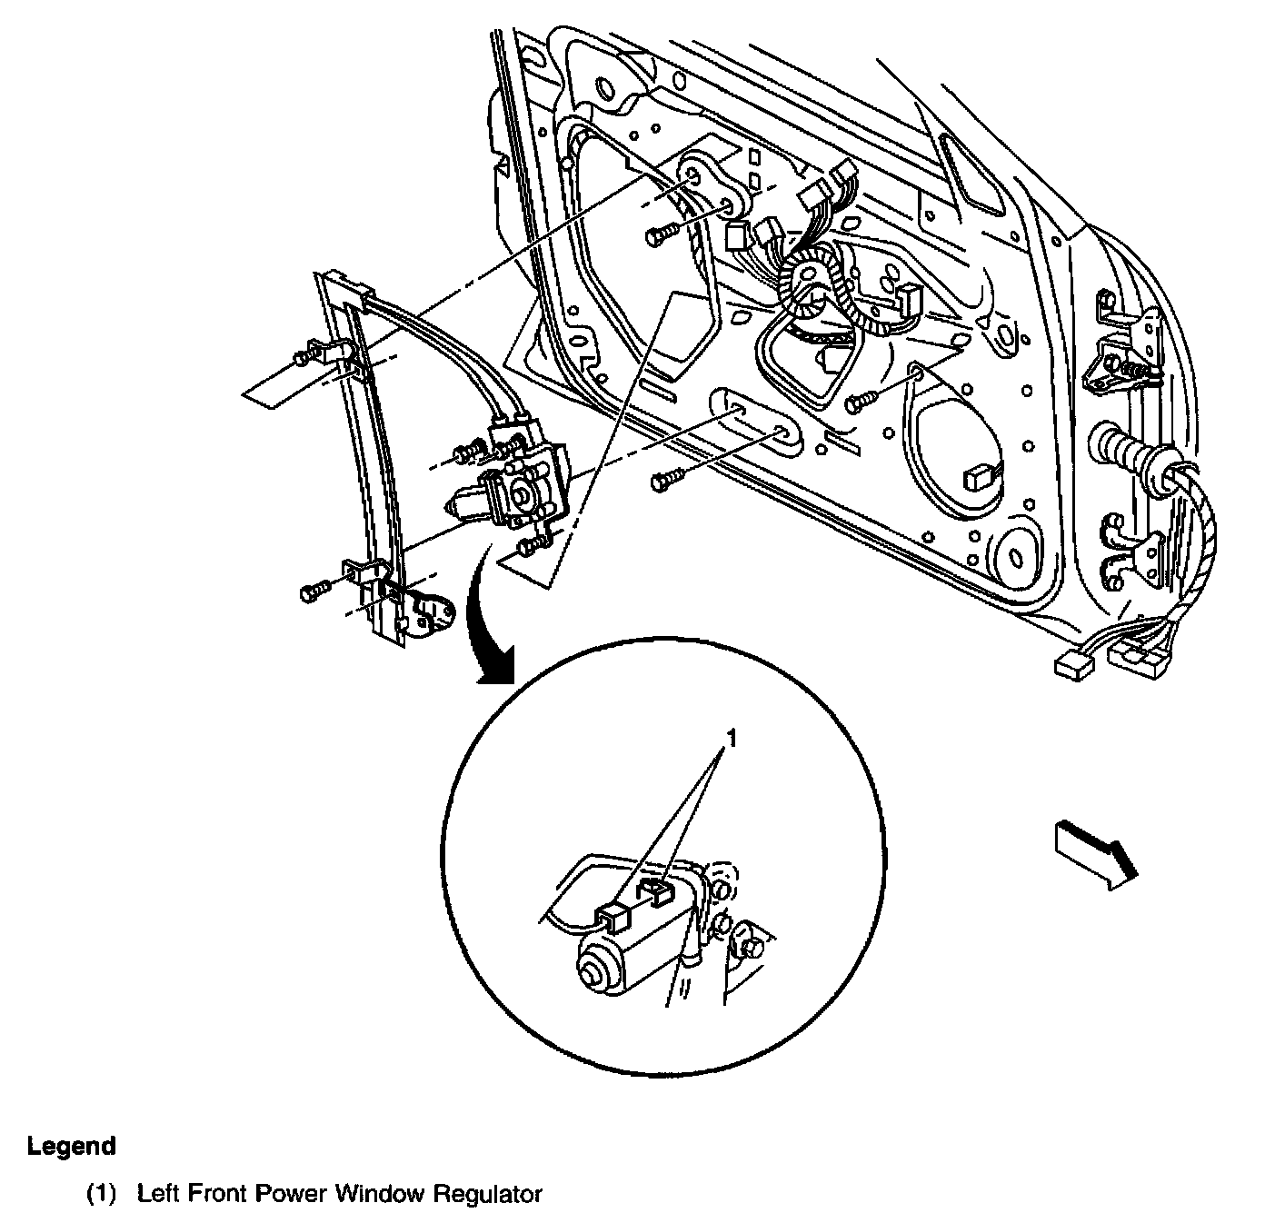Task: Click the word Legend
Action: click(72, 1147)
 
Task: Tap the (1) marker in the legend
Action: click(102, 1194)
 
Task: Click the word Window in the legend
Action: click(376, 1194)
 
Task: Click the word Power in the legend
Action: click(293, 1194)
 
